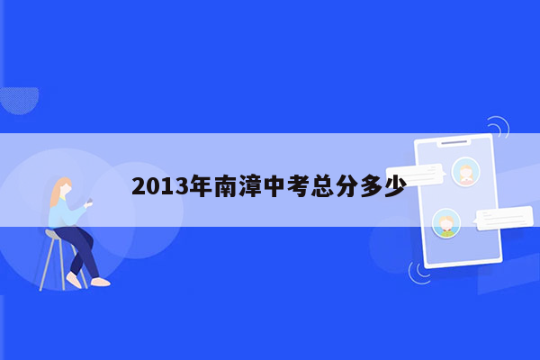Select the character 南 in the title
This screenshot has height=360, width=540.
click(x=225, y=187)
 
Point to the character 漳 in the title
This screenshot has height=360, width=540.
click(x=249, y=187)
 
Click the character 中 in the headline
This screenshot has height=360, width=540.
click(x=274, y=187)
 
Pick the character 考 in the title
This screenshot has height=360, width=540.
click(x=298, y=187)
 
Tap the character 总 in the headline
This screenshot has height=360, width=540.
click(x=322, y=187)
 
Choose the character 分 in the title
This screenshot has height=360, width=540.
click(x=346, y=187)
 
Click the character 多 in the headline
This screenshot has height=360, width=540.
click(x=371, y=187)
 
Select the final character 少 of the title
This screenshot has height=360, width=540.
click(x=394, y=187)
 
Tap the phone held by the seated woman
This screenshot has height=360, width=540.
click(x=89, y=203)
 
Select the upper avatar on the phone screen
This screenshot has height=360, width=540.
click(x=465, y=171)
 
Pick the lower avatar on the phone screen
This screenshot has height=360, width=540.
click(x=445, y=222)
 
